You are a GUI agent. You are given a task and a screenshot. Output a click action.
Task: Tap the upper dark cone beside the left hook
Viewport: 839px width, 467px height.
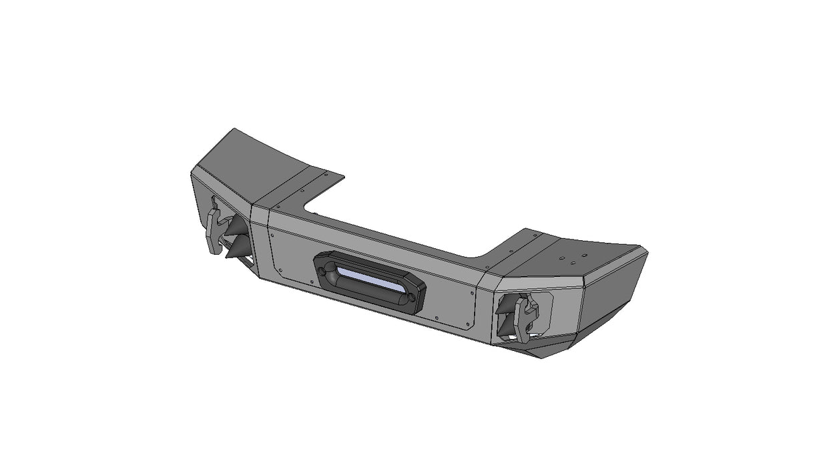(234, 226)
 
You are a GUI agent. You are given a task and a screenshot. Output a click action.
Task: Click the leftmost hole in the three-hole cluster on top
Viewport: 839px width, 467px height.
(562, 256)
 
